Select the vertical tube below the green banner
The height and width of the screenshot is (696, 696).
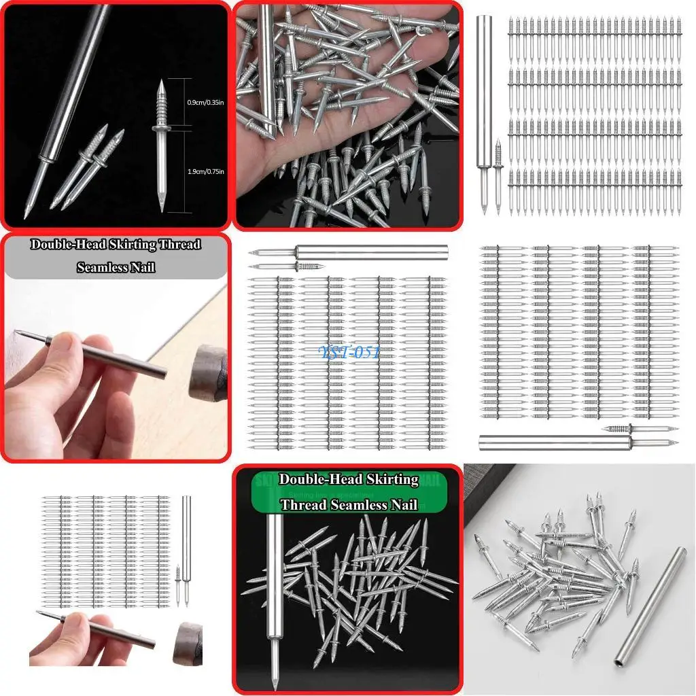point(274,585)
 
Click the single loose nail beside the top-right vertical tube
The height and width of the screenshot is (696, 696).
point(498,173)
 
